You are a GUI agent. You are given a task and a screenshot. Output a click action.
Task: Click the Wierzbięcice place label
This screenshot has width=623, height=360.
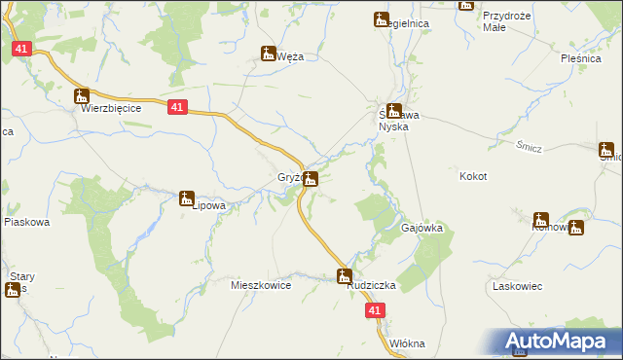pyautogui.click(x=111, y=109)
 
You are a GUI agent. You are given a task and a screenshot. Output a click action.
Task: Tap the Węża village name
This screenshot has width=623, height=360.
pyautogui.click(x=290, y=56)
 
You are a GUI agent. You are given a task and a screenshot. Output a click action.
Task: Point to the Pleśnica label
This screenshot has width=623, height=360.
pyautogui.click(x=582, y=58)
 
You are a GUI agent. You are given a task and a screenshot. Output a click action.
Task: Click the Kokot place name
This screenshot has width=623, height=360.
pyautogui.click(x=472, y=176)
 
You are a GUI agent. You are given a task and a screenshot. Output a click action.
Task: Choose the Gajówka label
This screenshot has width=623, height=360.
pyautogui.click(x=422, y=228)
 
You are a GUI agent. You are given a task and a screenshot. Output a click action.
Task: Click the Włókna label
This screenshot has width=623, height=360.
pyautogui.click(x=407, y=343)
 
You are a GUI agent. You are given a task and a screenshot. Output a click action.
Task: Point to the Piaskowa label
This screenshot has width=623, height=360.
pyautogui.click(x=26, y=222)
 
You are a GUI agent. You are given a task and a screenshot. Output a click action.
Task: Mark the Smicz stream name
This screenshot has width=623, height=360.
pyautogui.click(x=530, y=146)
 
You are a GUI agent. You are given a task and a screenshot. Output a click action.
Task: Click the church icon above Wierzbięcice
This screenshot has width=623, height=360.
pyautogui.click(x=82, y=96)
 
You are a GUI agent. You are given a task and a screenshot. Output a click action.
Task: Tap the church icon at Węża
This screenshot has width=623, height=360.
pyautogui.click(x=268, y=54)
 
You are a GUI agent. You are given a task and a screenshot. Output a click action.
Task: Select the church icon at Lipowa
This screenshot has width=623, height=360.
pyautogui.click(x=186, y=198)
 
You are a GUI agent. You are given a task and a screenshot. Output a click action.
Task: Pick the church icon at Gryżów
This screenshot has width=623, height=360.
pyautogui.click(x=310, y=178)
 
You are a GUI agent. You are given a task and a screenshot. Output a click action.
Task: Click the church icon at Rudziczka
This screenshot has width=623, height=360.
pyautogui.click(x=344, y=276)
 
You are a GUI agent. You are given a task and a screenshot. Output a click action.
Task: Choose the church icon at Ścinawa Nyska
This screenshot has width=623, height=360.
pyautogui.click(x=393, y=111)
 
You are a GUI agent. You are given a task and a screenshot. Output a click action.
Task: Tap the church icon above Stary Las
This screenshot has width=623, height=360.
pyautogui.click(x=13, y=290)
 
